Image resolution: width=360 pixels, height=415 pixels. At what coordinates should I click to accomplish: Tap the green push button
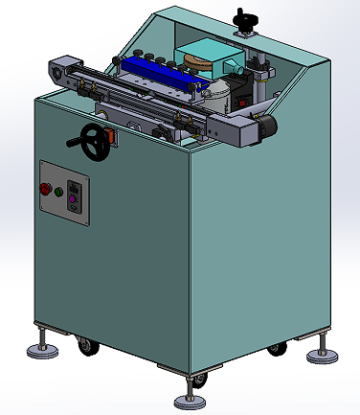point(58,193)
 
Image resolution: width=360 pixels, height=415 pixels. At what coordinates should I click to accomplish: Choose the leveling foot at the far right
point(322,355)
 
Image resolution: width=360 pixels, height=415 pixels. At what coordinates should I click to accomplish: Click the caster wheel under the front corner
point(199,381)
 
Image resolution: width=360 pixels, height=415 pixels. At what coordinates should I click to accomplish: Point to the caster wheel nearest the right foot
point(278,350)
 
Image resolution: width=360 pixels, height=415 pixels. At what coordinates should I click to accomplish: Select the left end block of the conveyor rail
point(61,70)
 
